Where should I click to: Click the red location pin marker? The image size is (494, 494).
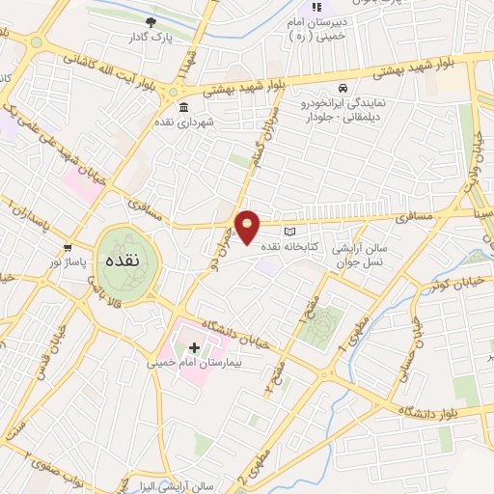pyautogui.click(x=249, y=226)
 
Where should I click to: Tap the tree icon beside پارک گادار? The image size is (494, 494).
pyautogui.click(x=150, y=22)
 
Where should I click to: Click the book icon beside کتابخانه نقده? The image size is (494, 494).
pyautogui.click(x=290, y=232)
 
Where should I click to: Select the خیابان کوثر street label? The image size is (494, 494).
pyautogui.click(x=454, y=287)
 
